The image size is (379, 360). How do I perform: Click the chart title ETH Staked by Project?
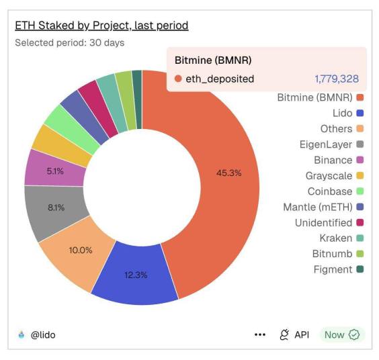(x=101, y=26)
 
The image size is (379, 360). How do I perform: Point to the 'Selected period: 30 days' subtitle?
(x=69, y=42)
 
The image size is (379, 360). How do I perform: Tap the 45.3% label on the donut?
(x=228, y=173)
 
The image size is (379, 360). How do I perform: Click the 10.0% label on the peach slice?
(x=80, y=249)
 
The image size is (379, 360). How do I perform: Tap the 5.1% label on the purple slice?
(x=55, y=171)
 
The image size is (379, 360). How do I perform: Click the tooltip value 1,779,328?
(x=336, y=79)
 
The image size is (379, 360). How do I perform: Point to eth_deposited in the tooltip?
(x=220, y=79)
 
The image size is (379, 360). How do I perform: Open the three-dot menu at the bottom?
(x=260, y=334)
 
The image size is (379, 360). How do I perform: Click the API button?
(x=294, y=334)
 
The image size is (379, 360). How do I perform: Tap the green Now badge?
(x=342, y=334)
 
